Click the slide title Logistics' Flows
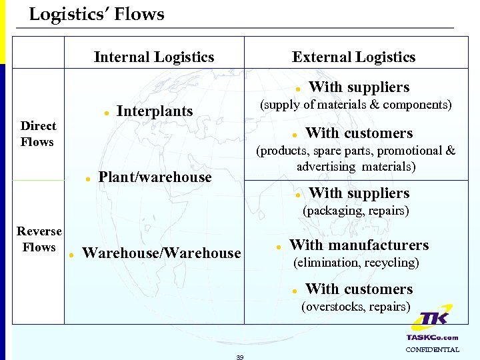click(x=97, y=14)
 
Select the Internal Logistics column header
click(x=154, y=57)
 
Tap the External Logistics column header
click(x=353, y=57)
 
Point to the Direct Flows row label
click(x=39, y=133)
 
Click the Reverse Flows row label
click(x=39, y=239)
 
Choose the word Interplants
click(x=154, y=111)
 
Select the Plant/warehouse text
click(x=154, y=177)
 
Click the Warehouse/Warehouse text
click(x=161, y=253)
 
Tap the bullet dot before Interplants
click(x=107, y=113)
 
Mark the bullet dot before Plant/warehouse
click(x=87, y=179)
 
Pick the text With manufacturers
click(x=359, y=245)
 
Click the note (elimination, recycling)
click(x=356, y=263)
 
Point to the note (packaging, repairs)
click(x=356, y=211)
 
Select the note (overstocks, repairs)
click(x=356, y=307)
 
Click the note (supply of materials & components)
click(x=355, y=105)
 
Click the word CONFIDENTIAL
click(x=432, y=349)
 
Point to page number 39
click(x=239, y=357)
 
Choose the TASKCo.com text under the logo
click(x=432, y=337)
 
